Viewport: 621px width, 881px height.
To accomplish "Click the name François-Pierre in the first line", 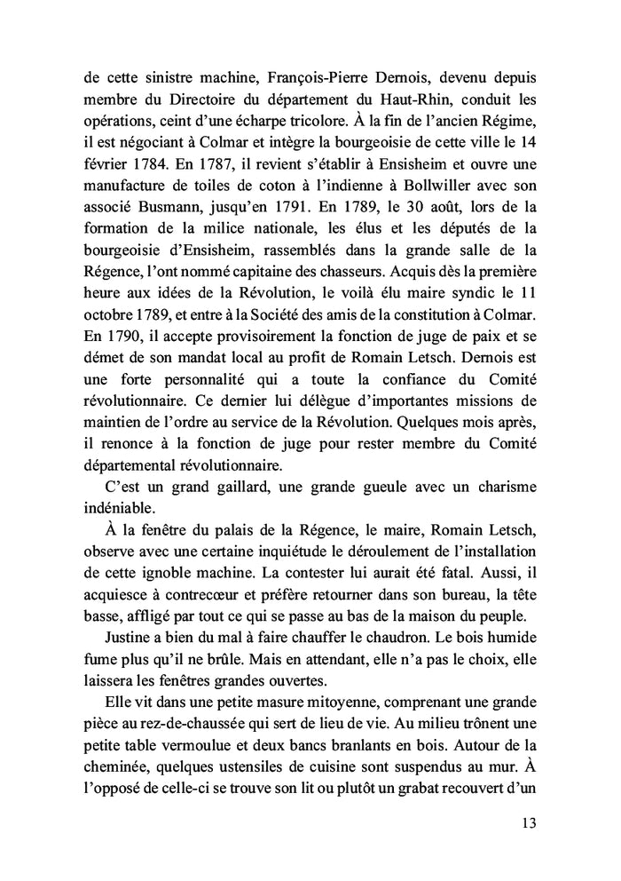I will click(278, 52).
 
